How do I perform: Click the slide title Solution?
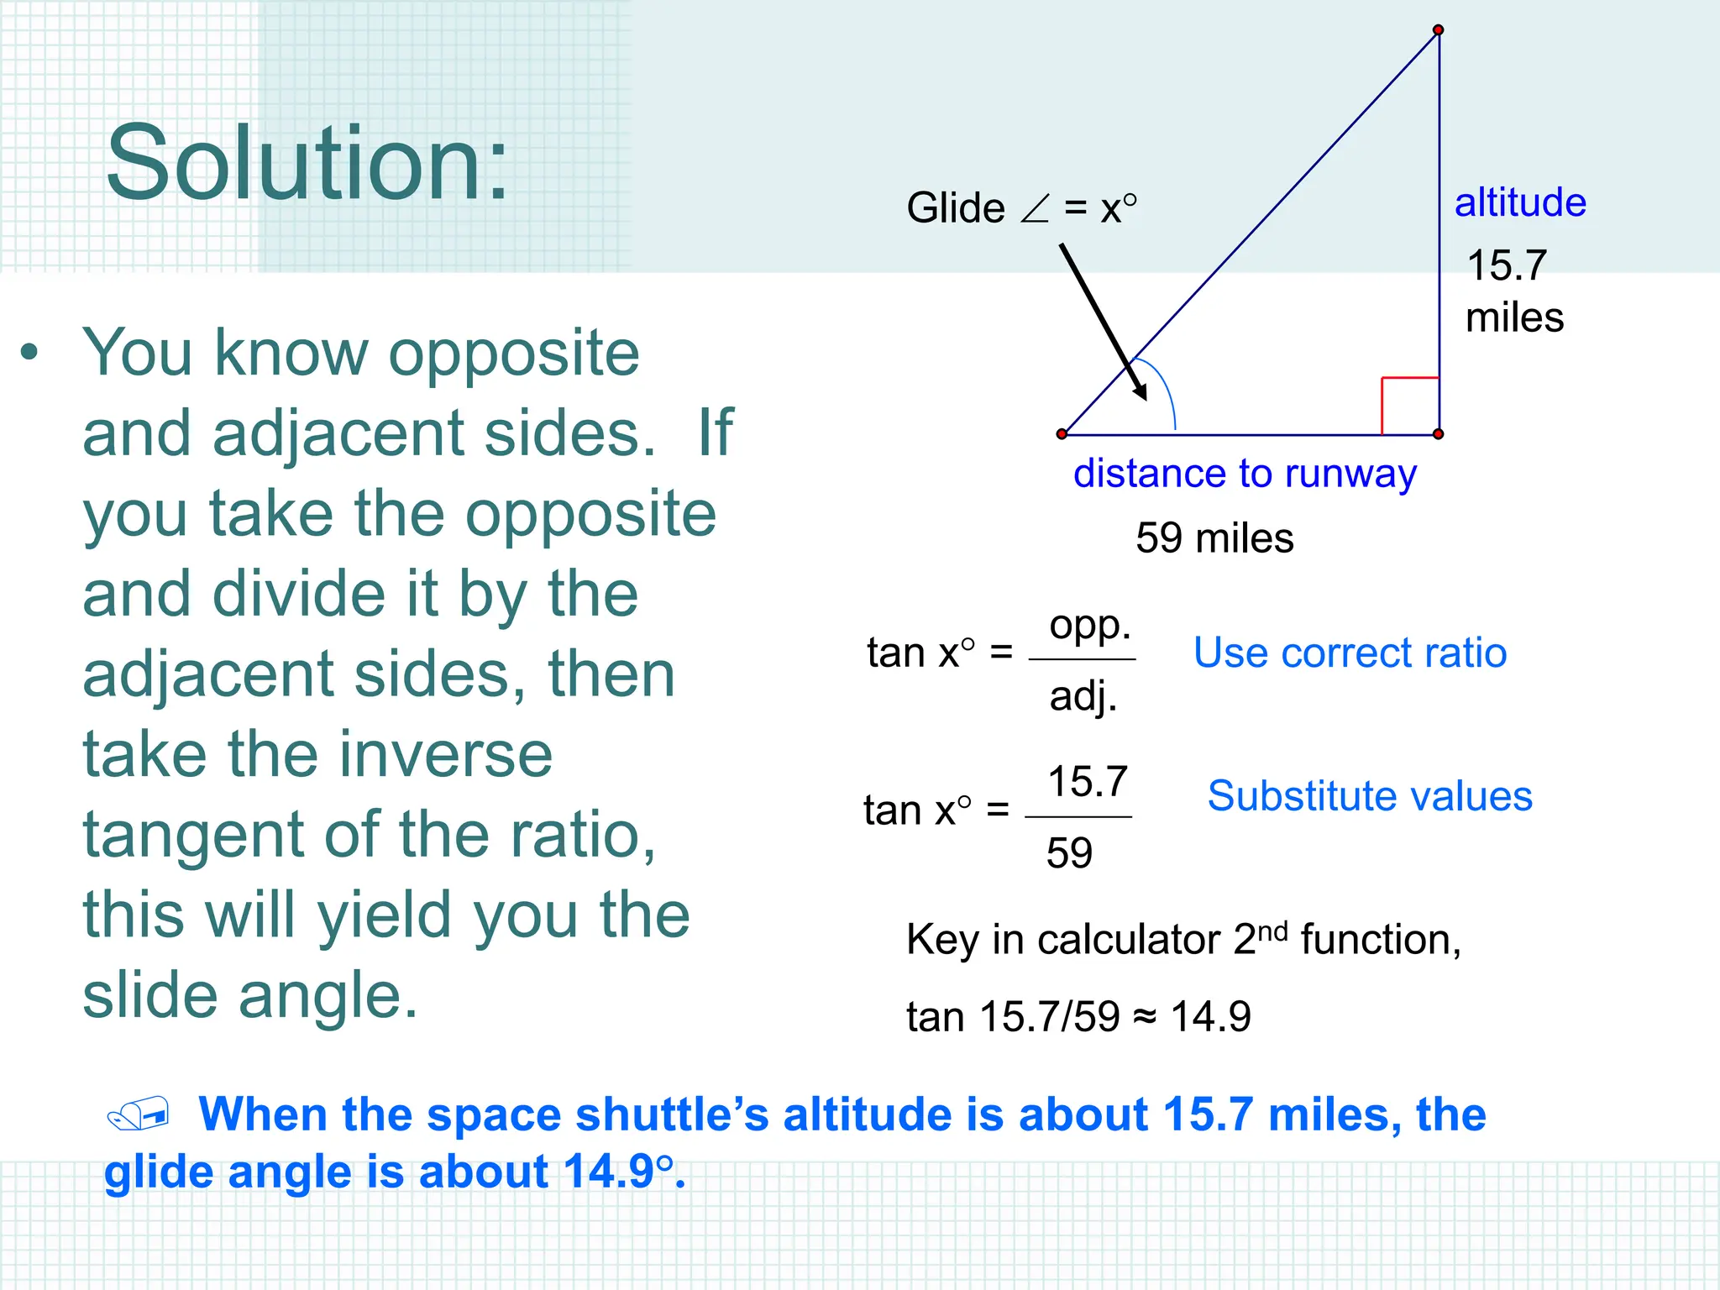point(307,164)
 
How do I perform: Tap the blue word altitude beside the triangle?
point(1520,203)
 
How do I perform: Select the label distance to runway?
point(1245,475)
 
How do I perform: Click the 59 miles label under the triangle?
point(1214,538)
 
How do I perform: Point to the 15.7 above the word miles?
point(1507,265)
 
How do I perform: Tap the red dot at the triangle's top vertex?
point(1439,30)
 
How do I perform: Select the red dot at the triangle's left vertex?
point(1062,434)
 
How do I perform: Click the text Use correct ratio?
point(1350,653)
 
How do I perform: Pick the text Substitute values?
point(1370,796)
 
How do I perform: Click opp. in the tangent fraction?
point(1089,626)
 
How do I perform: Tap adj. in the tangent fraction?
point(1083,696)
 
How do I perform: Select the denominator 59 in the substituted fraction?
point(1069,854)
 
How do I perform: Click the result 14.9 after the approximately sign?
point(1210,1017)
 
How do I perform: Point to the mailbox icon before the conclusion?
point(139,1114)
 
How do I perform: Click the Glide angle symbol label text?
point(1021,208)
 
